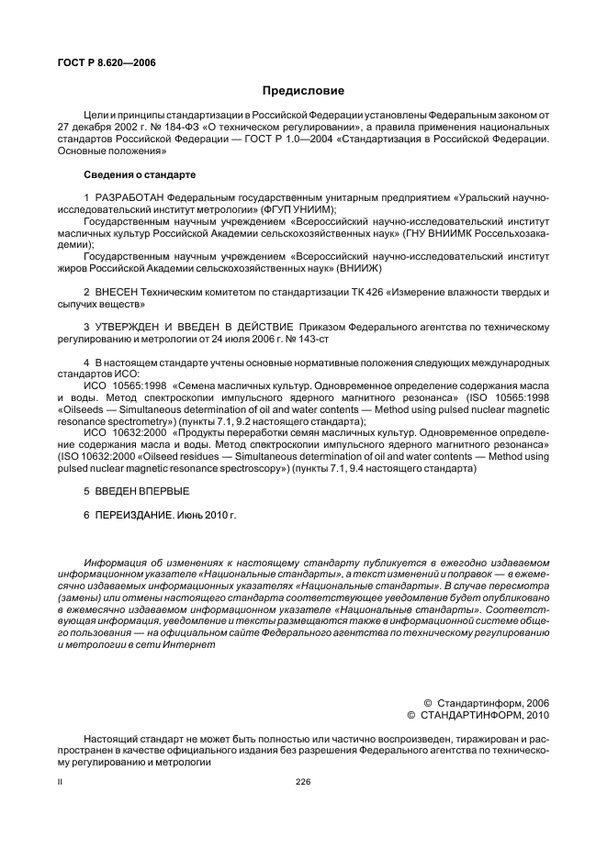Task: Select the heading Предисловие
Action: click(303, 90)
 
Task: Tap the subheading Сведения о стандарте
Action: click(139, 173)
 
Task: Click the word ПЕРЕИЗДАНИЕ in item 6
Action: click(132, 516)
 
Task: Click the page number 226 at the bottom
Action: click(303, 782)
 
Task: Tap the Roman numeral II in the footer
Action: click(60, 782)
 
